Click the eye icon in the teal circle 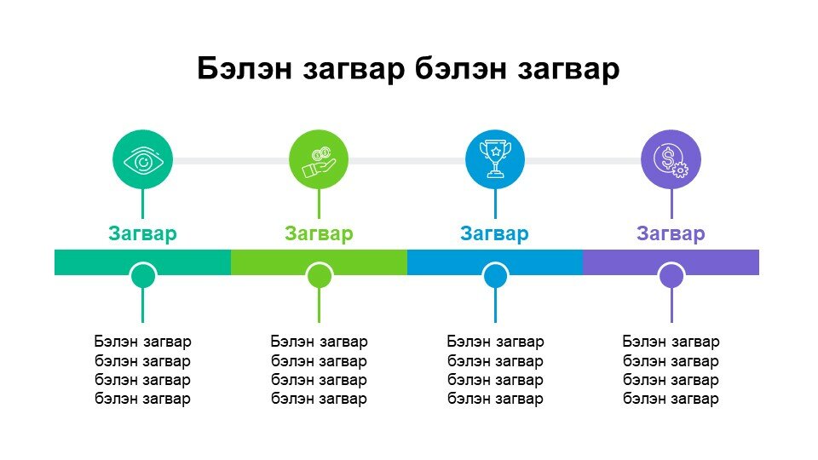point(143,161)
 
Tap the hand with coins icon point(320,162)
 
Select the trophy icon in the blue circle point(495,158)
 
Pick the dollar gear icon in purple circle point(671,161)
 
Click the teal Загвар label point(142,233)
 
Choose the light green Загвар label point(319,233)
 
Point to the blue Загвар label point(494,233)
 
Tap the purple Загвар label point(671,233)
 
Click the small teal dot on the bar point(142,275)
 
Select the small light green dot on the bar point(320,275)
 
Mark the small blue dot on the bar point(496,275)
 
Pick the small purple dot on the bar point(671,275)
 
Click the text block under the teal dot point(143,371)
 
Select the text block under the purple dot point(671,371)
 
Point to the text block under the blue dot point(496,371)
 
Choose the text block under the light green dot point(320,371)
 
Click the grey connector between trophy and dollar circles point(583,161)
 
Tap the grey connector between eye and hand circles point(231,161)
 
